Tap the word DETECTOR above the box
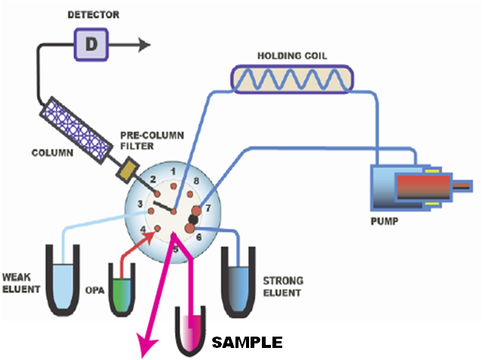92,14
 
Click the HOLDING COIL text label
293,55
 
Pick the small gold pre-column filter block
125,170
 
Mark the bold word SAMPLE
247,343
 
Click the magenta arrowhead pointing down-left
146,346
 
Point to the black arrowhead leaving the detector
141,45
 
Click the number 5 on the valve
176,248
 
